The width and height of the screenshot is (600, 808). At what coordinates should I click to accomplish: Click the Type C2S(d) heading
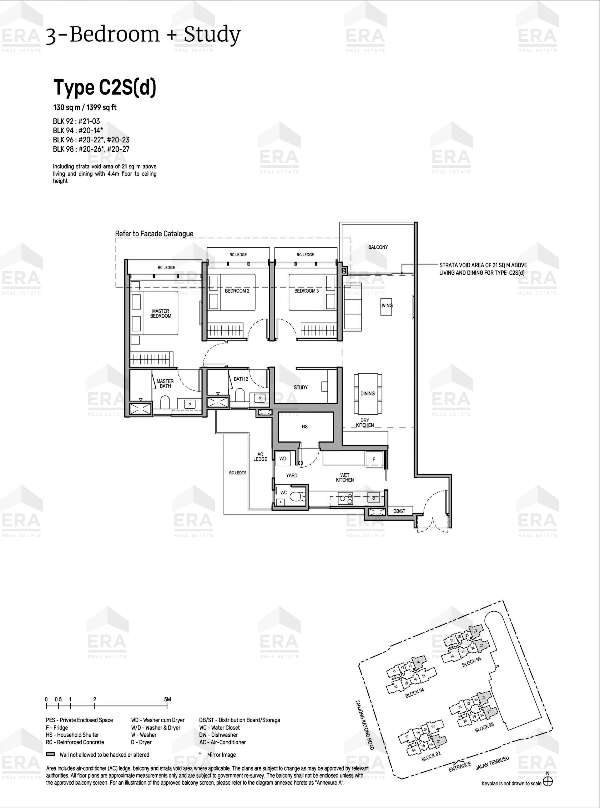pyautogui.click(x=105, y=87)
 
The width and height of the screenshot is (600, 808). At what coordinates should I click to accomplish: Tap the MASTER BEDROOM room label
pyautogui.click(x=161, y=313)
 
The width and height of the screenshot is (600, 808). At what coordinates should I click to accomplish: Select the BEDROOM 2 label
pyautogui.click(x=237, y=291)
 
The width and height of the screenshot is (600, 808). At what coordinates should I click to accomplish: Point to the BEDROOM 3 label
pyautogui.click(x=307, y=291)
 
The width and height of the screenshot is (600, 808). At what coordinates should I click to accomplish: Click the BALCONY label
pyautogui.click(x=378, y=247)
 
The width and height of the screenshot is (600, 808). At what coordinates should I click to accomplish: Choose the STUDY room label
pyautogui.click(x=301, y=388)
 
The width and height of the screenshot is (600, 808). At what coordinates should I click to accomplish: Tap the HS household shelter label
pyautogui.click(x=305, y=427)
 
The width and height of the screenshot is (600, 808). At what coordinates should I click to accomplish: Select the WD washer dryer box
pyautogui.click(x=283, y=459)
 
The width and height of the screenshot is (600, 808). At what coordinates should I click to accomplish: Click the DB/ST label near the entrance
pyautogui.click(x=399, y=511)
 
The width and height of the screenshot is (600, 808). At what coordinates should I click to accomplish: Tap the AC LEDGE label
pyautogui.click(x=260, y=457)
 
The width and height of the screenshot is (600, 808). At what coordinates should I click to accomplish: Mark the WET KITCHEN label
pyautogui.click(x=345, y=478)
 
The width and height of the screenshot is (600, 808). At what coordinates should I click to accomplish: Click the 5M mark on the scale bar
pyautogui.click(x=167, y=699)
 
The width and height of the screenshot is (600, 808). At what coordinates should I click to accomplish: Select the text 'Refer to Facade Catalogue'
pyautogui.click(x=154, y=234)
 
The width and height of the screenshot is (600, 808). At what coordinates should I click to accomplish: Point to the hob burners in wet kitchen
pyautogui.click(x=345, y=498)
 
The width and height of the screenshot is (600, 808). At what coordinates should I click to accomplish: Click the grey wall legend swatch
pyautogui.click(x=50, y=754)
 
